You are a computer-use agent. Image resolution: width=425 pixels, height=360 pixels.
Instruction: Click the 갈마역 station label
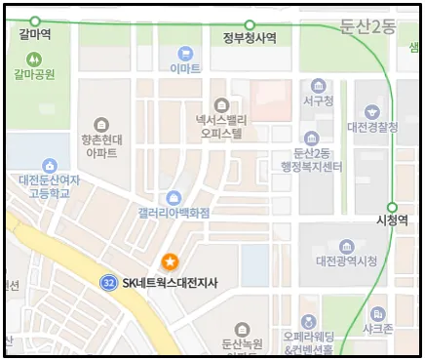click(x=35, y=37)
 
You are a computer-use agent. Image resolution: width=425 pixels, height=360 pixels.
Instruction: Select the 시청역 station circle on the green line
click(x=392, y=207)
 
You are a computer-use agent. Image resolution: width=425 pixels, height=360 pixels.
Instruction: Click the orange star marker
click(x=170, y=261)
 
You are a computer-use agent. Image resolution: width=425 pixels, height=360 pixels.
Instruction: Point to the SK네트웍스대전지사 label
click(x=171, y=283)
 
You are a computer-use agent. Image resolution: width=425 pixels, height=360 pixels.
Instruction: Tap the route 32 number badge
click(x=109, y=283)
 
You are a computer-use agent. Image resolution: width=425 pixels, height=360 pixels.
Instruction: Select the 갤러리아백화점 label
click(x=174, y=216)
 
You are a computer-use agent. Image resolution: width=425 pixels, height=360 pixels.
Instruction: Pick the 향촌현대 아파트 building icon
click(x=101, y=124)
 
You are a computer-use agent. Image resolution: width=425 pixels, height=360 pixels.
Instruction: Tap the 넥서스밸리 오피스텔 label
click(x=221, y=123)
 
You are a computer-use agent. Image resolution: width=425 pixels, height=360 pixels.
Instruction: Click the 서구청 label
click(x=319, y=101)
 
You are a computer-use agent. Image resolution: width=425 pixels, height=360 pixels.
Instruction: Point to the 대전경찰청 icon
click(x=370, y=112)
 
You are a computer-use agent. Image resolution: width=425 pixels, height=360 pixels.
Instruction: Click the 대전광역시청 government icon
click(x=346, y=246)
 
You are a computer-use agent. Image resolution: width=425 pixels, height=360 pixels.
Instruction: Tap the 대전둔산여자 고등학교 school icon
click(x=49, y=166)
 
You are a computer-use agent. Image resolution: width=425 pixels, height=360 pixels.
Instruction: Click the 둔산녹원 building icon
click(x=243, y=330)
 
